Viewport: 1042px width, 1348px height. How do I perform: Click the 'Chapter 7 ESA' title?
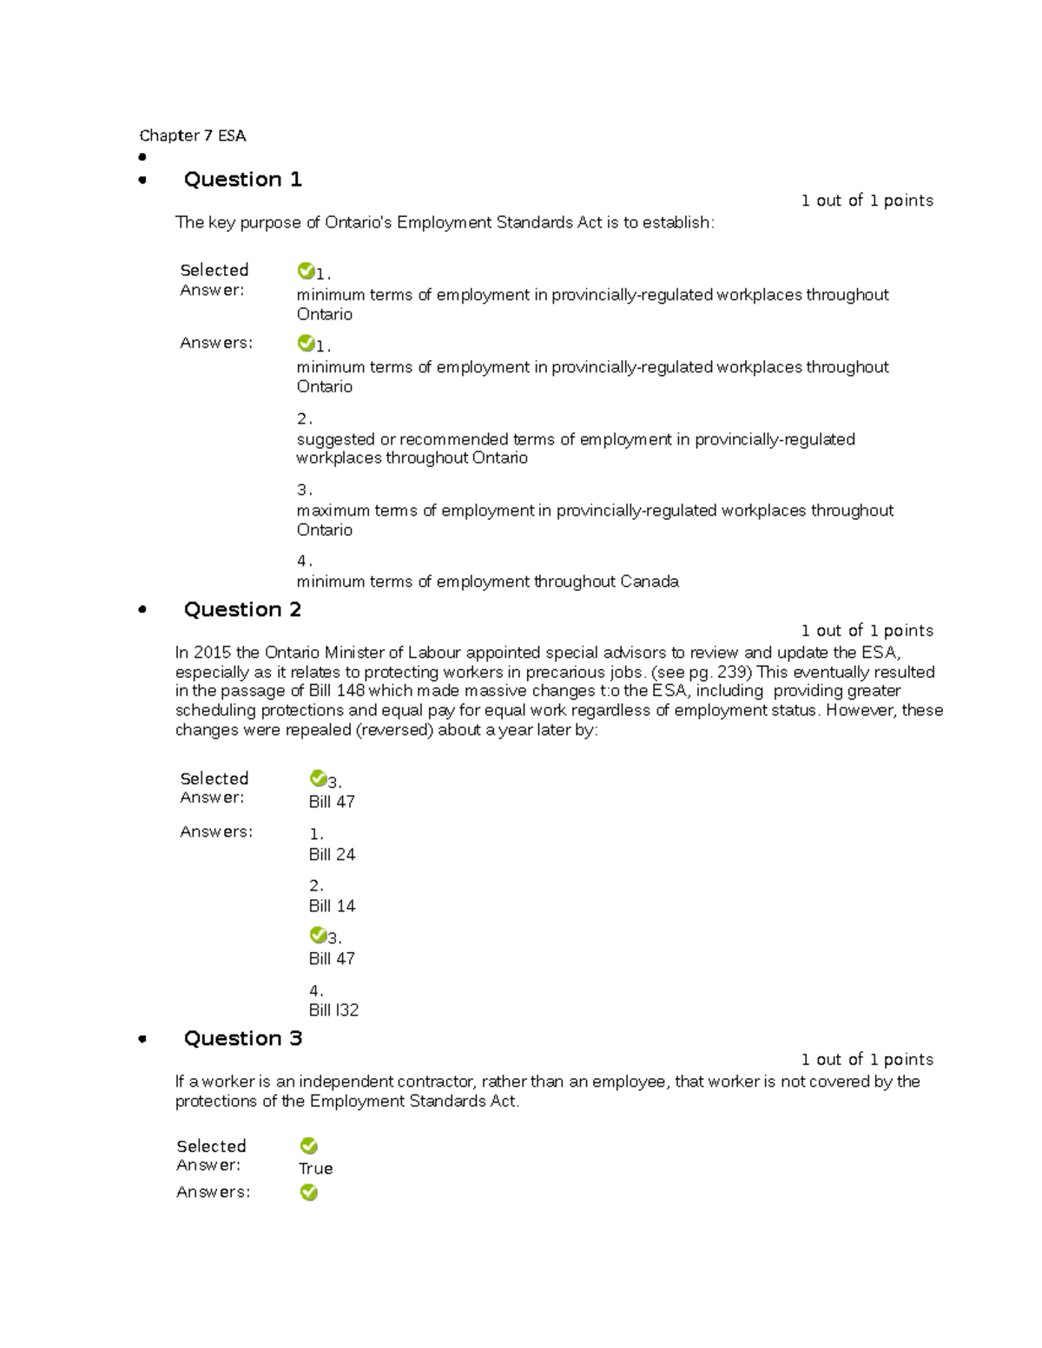(x=193, y=135)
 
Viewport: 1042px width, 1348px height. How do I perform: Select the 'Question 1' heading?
(x=242, y=180)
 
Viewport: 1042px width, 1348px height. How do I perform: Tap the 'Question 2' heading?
(x=242, y=609)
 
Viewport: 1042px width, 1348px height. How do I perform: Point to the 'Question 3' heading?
(x=242, y=1038)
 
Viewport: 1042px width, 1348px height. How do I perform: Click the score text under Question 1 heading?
(x=867, y=201)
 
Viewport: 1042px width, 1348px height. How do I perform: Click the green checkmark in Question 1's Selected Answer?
(x=305, y=271)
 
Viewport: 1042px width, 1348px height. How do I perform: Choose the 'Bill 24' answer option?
(x=332, y=855)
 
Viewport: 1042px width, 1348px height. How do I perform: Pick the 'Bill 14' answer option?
(x=332, y=906)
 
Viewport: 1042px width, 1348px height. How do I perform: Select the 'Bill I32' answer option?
(x=333, y=1010)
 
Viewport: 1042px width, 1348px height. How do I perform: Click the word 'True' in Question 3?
(x=315, y=1168)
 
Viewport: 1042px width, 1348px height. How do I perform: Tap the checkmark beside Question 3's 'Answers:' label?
(x=308, y=1193)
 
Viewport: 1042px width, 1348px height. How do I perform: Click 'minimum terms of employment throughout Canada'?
(x=487, y=582)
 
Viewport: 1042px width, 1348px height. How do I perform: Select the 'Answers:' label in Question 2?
(x=216, y=832)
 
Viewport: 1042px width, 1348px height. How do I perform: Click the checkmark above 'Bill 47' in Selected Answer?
(x=317, y=779)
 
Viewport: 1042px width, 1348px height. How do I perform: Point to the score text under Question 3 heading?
(x=867, y=1059)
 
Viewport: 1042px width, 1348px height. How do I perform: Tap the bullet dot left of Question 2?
(x=142, y=610)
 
